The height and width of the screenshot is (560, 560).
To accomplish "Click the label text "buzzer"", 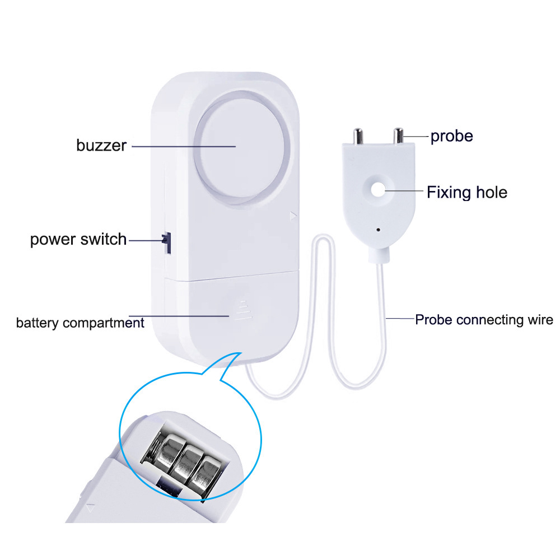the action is (101, 146).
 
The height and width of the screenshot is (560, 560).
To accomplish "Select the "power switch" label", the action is (78, 240).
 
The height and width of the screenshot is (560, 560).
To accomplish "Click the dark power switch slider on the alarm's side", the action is (166, 242).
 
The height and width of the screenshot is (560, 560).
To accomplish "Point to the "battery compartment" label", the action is (80, 323).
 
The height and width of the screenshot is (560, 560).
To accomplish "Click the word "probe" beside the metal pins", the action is (451, 136).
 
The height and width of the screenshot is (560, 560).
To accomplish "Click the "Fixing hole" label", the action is (467, 193).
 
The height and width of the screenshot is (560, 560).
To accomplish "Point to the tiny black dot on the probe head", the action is (379, 229).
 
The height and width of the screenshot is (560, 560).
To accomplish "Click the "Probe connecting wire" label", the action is (484, 320).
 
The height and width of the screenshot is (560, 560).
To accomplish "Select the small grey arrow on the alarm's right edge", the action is (292, 215).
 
